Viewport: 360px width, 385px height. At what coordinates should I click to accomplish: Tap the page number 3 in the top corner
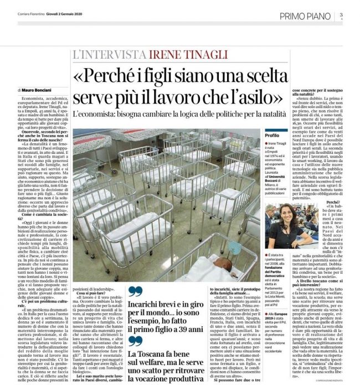click(x=342, y=15)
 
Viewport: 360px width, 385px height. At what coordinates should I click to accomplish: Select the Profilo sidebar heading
click(x=272, y=136)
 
